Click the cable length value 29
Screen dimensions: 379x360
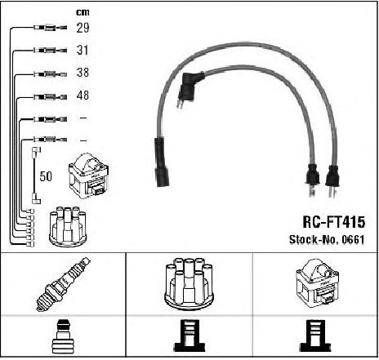click(82, 28)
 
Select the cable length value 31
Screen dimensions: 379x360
click(82, 50)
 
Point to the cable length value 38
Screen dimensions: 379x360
click(82, 73)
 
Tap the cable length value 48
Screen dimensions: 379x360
click(82, 96)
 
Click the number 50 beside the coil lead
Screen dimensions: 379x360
click(46, 176)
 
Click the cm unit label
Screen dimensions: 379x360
click(82, 12)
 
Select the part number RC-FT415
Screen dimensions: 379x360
click(334, 222)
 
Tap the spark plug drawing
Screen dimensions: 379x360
click(64, 284)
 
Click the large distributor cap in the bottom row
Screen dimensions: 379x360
click(189, 284)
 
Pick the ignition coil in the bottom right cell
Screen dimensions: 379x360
click(317, 283)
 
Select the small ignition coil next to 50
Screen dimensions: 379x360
click(89, 176)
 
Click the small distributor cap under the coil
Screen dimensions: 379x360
click(68, 227)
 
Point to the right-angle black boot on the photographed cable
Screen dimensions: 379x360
click(189, 87)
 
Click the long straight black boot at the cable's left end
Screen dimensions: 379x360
click(162, 162)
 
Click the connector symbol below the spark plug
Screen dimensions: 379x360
click(64, 337)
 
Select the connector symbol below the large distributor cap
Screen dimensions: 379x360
click(189, 336)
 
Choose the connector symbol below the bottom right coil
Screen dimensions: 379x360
click(315, 336)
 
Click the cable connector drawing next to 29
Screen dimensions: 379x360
click(50, 28)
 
